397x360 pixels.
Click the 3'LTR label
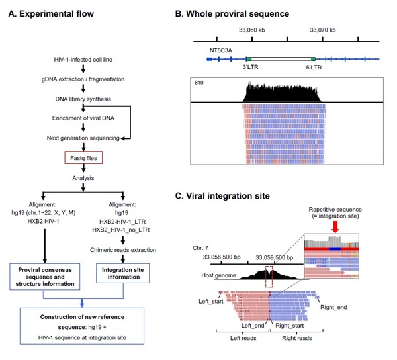pyautogui.click(x=250, y=67)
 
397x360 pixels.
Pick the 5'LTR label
pyautogui.click(x=314, y=67)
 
